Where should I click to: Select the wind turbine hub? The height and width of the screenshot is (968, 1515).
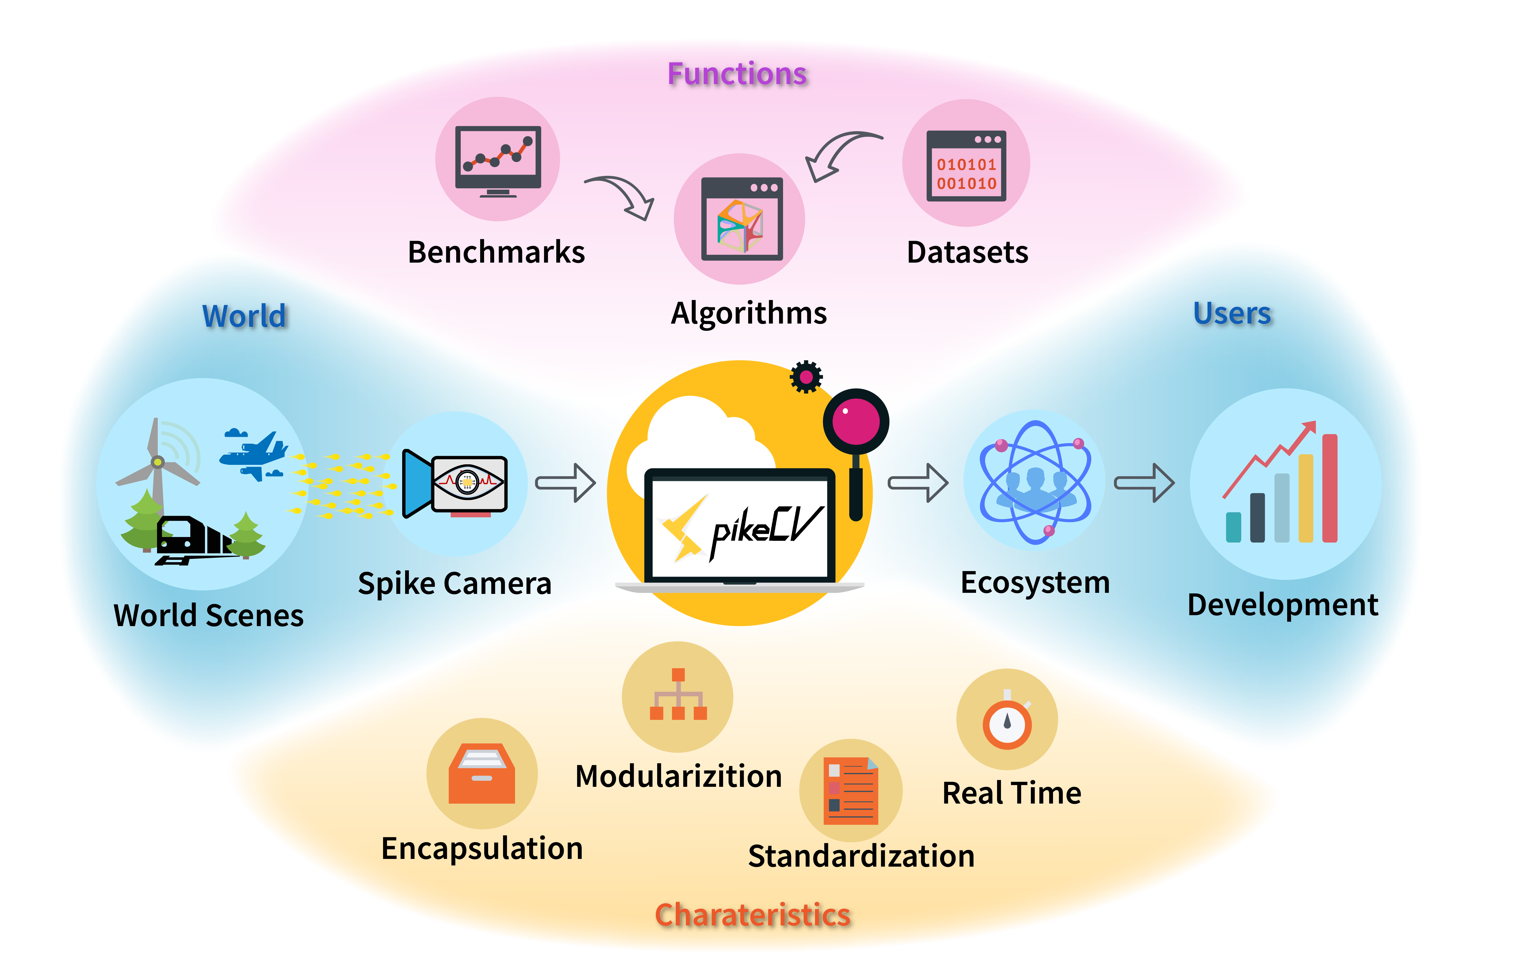pos(158,462)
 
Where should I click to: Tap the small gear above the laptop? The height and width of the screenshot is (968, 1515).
pos(806,377)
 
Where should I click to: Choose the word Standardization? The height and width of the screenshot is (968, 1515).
pos(861,856)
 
